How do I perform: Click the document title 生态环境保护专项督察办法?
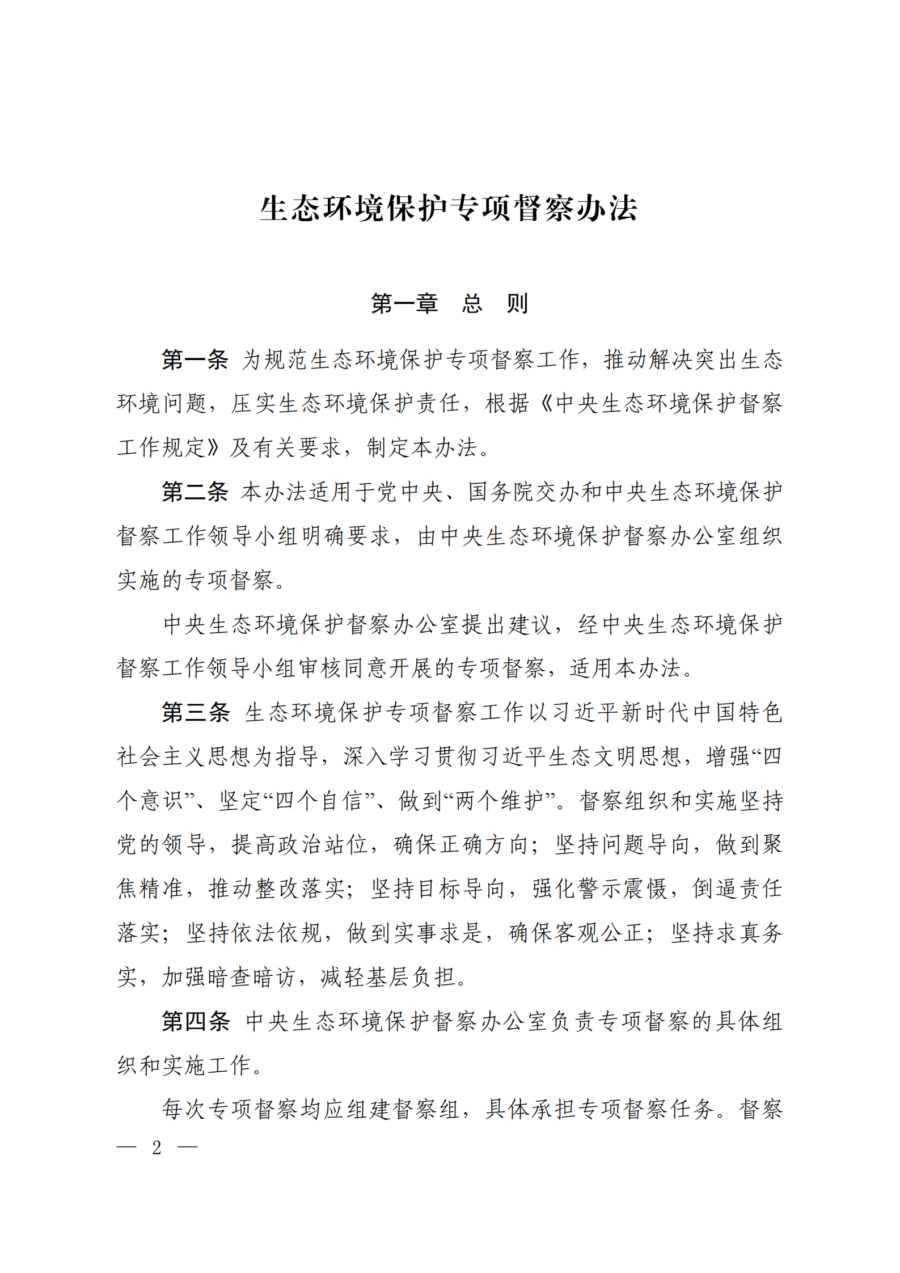[x=449, y=208]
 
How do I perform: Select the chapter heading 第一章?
[x=404, y=304]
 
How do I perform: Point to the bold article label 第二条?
[x=195, y=492]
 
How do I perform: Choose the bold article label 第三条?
[x=195, y=712]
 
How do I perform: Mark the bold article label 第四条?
[x=195, y=1021]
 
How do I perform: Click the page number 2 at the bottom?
[x=157, y=1147]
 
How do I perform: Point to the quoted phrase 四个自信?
[x=319, y=801]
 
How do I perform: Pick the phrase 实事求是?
[x=438, y=933]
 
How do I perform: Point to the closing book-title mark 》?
[x=214, y=447]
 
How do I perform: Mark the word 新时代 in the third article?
[x=655, y=712]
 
